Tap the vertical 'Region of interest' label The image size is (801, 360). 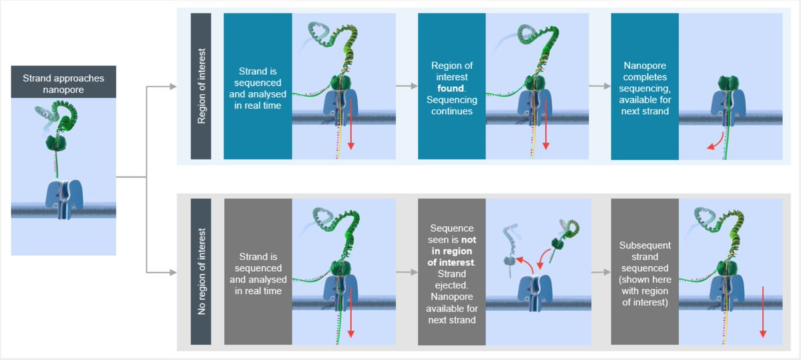point(201,86)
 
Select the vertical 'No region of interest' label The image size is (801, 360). point(201,272)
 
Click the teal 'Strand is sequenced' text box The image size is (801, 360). point(258,86)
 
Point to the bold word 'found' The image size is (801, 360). point(452,87)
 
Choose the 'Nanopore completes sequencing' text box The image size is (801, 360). point(645,86)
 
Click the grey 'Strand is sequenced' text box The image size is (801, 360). point(258,272)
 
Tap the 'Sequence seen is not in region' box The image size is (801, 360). point(452,272)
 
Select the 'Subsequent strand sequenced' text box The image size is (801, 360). point(645,272)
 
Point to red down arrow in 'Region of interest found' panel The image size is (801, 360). point(545,131)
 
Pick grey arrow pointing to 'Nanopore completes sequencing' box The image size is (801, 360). point(598,86)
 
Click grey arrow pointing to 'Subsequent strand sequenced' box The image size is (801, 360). point(598,273)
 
